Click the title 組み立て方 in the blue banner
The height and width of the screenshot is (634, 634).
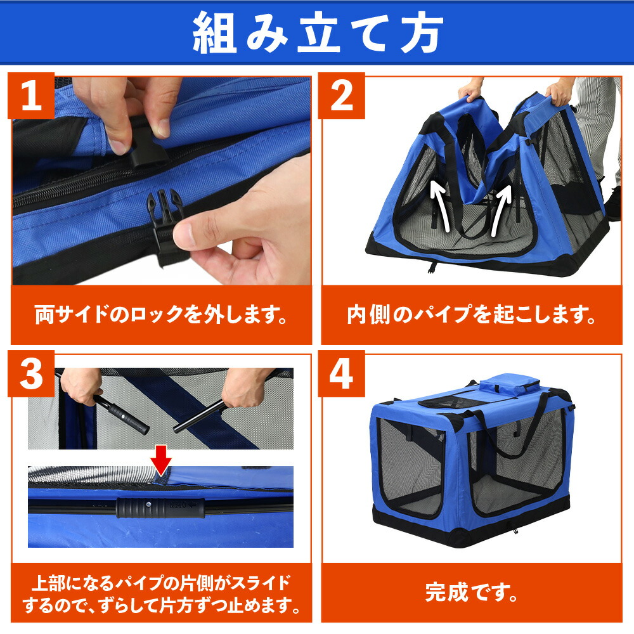318,32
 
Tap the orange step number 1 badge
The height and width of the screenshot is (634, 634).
31,96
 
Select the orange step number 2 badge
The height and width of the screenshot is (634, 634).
341,96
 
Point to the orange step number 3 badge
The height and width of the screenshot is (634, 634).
31,373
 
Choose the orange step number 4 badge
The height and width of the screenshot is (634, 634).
341,373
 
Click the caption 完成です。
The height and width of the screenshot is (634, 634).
472,592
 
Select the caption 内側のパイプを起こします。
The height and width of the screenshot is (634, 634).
472,314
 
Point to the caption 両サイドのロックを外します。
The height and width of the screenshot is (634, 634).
161,314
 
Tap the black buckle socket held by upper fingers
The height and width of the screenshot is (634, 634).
146,149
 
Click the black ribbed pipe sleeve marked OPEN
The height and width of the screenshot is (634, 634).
160,508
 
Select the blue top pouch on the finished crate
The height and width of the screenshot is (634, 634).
510,384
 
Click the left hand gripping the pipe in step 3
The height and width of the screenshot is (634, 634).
82,385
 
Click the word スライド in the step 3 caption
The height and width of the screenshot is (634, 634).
262,583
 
